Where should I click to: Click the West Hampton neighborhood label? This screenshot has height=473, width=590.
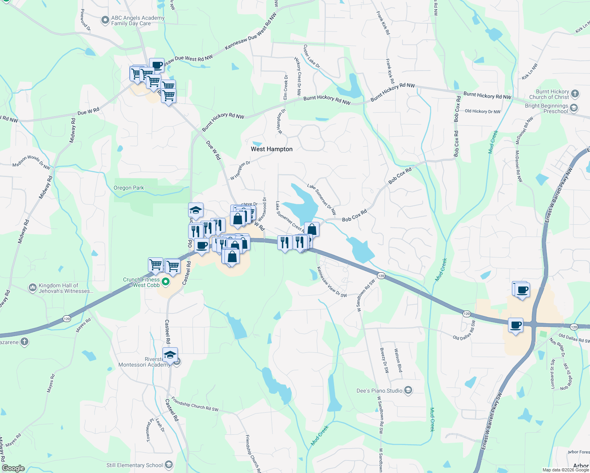(272, 149)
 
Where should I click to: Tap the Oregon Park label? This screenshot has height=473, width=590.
(129, 188)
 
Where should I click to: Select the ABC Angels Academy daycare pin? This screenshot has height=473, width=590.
(105, 20)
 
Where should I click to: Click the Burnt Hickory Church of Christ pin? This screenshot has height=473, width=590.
(575, 93)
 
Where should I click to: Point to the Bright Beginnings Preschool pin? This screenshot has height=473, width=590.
(574, 108)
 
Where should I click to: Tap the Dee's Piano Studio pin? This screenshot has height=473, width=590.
(408, 391)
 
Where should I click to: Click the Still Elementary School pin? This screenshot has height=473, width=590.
(169, 465)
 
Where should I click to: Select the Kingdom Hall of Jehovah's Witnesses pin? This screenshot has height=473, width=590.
(33, 288)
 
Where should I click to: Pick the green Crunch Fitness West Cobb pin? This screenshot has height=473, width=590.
(166, 281)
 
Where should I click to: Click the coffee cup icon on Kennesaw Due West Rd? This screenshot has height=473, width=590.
(157, 65)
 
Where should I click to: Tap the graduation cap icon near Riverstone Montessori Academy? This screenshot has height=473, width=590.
(170, 355)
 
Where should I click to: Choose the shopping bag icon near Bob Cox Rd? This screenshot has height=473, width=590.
(312, 229)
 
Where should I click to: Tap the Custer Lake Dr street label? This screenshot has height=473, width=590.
(312, 56)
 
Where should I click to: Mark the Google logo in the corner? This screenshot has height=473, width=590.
(13, 468)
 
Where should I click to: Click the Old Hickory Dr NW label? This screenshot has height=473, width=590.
(482, 112)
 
